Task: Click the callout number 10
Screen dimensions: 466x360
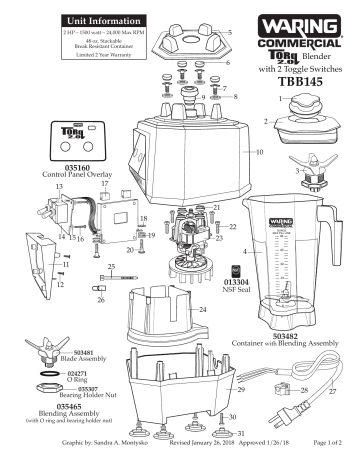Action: point(260,153)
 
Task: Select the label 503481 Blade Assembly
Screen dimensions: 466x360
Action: point(90,356)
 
